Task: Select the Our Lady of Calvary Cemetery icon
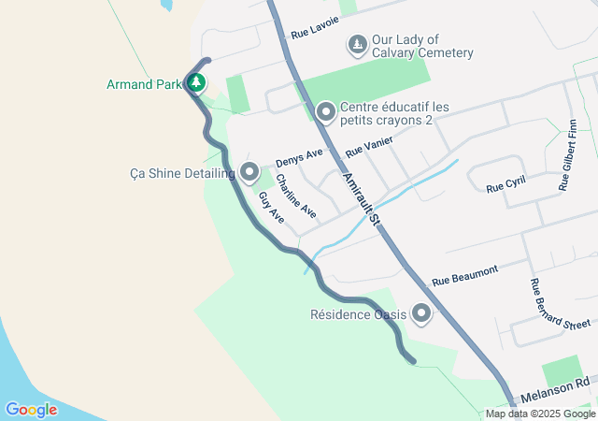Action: click(x=356, y=44)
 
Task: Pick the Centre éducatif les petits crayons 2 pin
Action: click(x=325, y=112)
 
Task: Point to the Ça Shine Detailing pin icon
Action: click(x=249, y=171)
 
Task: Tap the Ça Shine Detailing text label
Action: click(x=182, y=173)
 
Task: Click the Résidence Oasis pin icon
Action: click(x=421, y=313)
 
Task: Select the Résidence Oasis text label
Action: click(x=359, y=314)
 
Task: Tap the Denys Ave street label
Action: click(x=299, y=156)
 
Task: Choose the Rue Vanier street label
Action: click(x=368, y=145)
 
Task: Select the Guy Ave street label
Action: click(x=271, y=207)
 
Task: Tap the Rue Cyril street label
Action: click(x=506, y=185)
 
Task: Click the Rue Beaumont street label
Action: click(x=464, y=276)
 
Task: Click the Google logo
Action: click(x=31, y=409)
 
